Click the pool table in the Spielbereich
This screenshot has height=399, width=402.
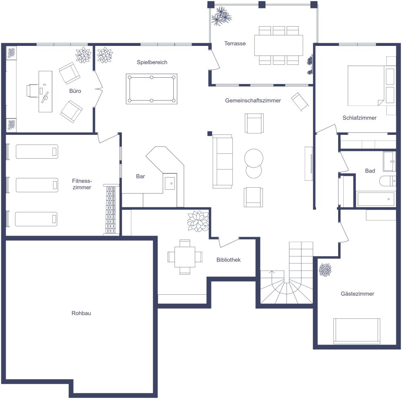click(x=151, y=89)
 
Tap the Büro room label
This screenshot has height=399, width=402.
click(x=75, y=91)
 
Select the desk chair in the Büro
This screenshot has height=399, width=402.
click(x=32, y=90)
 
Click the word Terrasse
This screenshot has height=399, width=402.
click(x=235, y=43)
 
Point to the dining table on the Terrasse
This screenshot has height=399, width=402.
click(x=279, y=45)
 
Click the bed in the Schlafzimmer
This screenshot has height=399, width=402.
click(x=366, y=85)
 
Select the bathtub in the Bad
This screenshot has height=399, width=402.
click(x=376, y=198)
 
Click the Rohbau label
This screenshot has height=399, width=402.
click(x=81, y=313)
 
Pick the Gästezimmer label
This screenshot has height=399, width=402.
click(x=357, y=294)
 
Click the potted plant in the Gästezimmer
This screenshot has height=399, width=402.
click(x=325, y=270)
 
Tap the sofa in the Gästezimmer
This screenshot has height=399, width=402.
click(x=357, y=331)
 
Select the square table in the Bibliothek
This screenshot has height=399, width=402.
click(x=185, y=257)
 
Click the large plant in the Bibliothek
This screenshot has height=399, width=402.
click(x=198, y=221)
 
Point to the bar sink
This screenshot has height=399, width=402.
click(x=170, y=183)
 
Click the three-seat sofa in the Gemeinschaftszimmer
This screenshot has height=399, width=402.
click(x=223, y=161)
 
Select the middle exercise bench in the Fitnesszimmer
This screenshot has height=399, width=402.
click(x=37, y=185)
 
